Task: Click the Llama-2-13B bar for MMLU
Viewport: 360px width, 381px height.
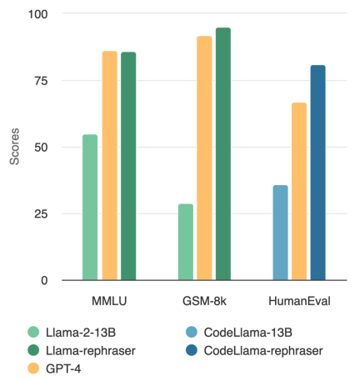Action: click(x=90, y=208)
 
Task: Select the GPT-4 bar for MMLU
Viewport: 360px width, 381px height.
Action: click(x=109, y=166)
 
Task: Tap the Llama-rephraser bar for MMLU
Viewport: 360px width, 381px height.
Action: click(x=128, y=166)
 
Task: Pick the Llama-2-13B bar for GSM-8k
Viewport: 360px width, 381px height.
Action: click(x=185, y=242)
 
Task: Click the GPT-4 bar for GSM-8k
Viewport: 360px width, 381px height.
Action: click(x=204, y=158)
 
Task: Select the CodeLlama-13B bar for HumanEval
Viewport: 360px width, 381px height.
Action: click(x=280, y=233)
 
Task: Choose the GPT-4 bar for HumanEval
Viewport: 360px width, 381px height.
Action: click(x=299, y=192)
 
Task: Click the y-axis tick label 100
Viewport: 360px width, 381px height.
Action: click(x=38, y=14)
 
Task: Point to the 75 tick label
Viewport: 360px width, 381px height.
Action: click(x=42, y=81)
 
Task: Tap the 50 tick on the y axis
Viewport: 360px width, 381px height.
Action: click(x=42, y=148)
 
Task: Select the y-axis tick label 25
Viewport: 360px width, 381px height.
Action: click(x=42, y=214)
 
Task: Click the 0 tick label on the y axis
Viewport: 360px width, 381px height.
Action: click(x=45, y=281)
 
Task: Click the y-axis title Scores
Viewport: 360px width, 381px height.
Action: click(x=14, y=147)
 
